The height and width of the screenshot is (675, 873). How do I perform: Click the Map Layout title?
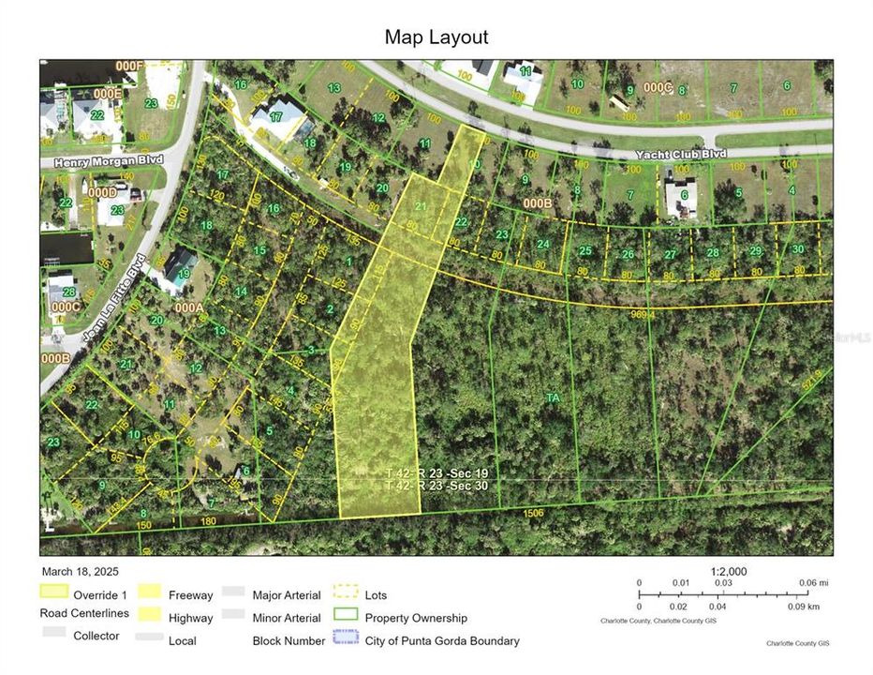(436, 37)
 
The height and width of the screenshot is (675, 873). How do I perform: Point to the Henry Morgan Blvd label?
(109, 160)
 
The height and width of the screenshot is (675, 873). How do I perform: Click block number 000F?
(128, 66)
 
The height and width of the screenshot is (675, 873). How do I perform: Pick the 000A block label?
(188, 307)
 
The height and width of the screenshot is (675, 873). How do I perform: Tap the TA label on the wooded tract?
(553, 397)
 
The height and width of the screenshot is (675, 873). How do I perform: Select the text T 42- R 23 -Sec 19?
(436, 474)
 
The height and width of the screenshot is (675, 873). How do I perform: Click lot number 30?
(797, 249)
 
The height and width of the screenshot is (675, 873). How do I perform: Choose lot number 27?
(670, 254)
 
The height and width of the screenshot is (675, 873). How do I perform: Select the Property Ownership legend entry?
(416, 618)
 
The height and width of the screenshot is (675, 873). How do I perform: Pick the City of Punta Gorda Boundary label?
(442, 641)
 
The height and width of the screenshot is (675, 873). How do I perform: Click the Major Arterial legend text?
(287, 594)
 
